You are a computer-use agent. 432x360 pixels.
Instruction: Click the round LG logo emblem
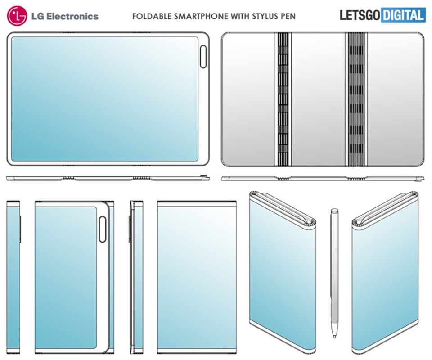click(x=17, y=16)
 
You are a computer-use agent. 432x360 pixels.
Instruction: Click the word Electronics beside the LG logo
click(x=72, y=16)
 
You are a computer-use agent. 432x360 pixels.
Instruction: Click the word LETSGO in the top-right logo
click(x=360, y=15)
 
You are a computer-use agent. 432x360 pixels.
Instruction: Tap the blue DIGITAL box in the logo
click(x=403, y=15)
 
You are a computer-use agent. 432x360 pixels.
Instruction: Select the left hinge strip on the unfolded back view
click(x=283, y=99)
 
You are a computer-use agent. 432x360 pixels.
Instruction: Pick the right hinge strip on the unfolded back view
click(x=356, y=99)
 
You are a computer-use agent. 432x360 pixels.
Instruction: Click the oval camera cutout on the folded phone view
click(x=103, y=229)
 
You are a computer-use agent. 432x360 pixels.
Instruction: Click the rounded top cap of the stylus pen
click(x=334, y=211)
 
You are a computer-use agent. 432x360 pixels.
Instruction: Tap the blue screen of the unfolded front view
click(x=105, y=99)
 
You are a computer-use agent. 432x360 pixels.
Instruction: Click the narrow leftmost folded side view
click(x=13, y=277)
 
